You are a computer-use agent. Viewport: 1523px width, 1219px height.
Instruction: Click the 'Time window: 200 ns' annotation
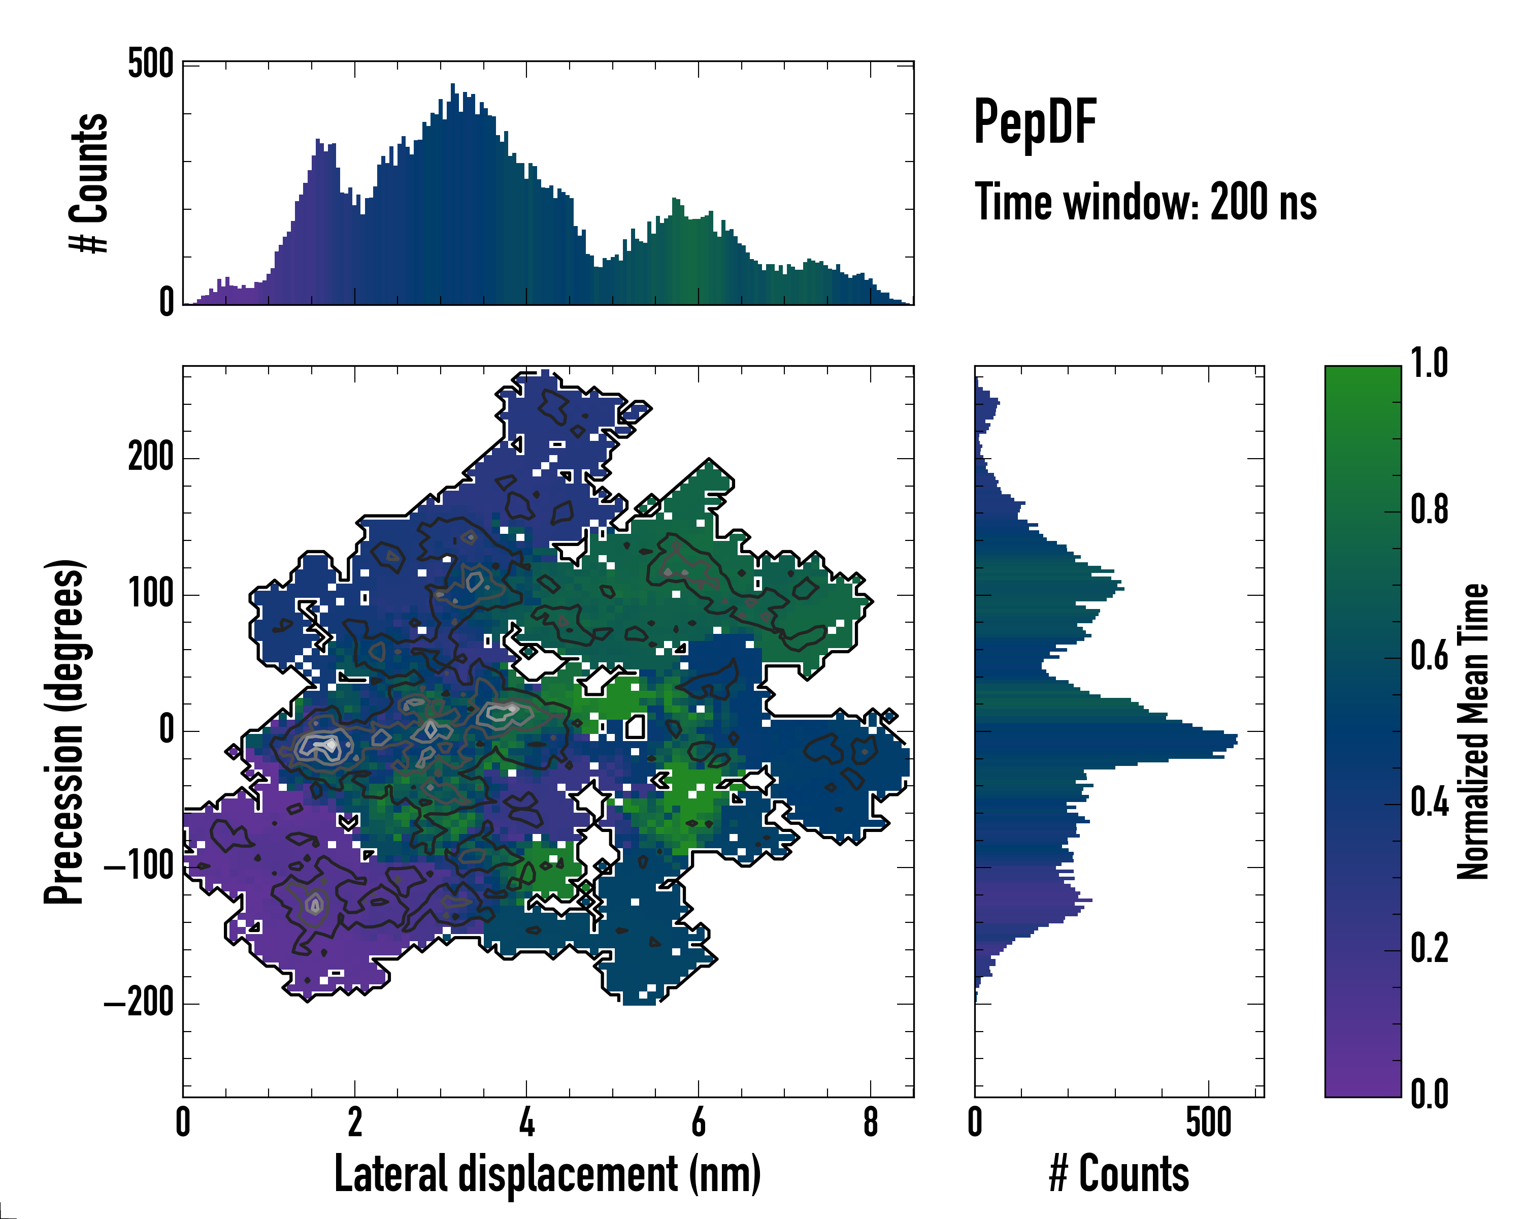point(1145,202)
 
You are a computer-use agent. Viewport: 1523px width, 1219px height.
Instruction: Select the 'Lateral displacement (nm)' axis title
point(547,1174)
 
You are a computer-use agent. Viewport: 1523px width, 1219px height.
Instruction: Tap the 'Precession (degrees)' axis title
point(65,731)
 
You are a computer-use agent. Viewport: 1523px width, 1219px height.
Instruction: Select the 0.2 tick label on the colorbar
point(1429,948)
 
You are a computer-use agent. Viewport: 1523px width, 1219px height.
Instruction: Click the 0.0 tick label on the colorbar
point(1429,1095)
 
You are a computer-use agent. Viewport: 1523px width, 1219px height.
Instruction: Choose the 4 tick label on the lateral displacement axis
point(526,1122)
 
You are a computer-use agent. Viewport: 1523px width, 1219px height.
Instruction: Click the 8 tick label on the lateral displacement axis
point(870,1122)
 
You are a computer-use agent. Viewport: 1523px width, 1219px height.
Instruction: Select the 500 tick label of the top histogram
point(150,65)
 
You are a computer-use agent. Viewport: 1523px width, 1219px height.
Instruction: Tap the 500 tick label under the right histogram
point(1209,1122)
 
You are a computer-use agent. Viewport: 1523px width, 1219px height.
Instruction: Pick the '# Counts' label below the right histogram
point(1119,1174)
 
